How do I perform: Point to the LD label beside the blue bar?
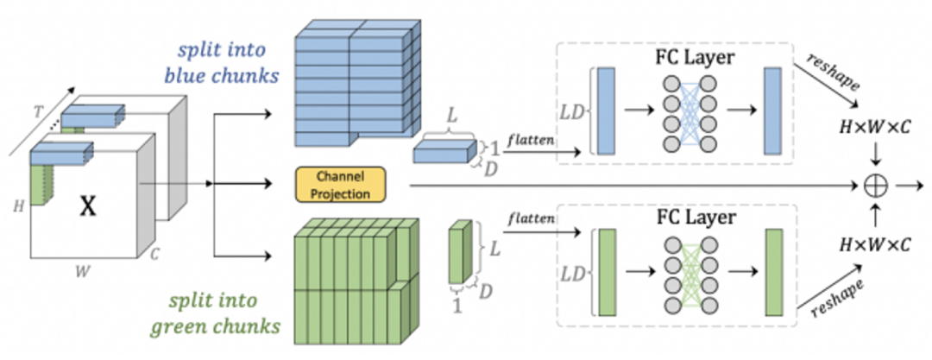point(573,112)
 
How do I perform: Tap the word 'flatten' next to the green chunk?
point(528,218)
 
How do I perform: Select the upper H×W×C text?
point(876,125)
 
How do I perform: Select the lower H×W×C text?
point(876,244)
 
